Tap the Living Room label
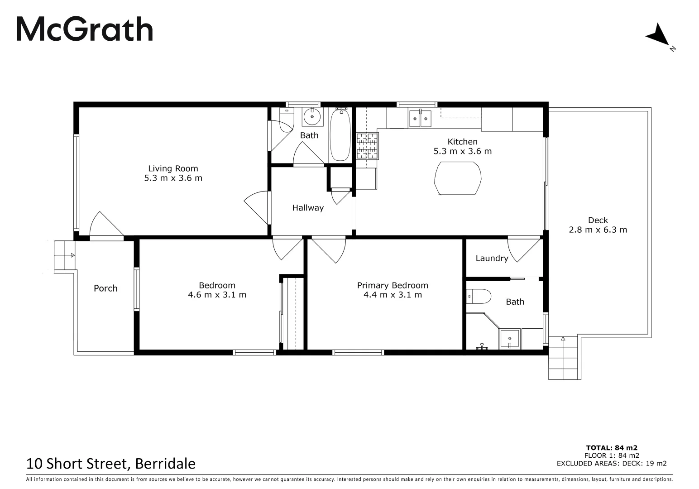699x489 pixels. point(173,168)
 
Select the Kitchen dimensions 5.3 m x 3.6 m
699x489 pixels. point(462,151)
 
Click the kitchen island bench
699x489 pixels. point(457,179)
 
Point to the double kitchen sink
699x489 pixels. point(421,119)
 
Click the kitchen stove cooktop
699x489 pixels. point(367,146)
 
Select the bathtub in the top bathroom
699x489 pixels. point(340,135)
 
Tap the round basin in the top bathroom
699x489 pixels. point(311,117)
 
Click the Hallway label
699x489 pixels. point(308,208)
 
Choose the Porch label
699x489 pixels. point(105,288)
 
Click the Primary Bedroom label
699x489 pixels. point(393,285)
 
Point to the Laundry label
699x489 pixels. point(492,258)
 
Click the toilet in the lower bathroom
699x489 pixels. point(479,297)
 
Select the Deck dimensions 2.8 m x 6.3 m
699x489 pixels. point(598,230)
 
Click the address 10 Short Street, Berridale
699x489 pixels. point(111,464)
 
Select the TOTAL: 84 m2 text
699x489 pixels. point(612,448)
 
